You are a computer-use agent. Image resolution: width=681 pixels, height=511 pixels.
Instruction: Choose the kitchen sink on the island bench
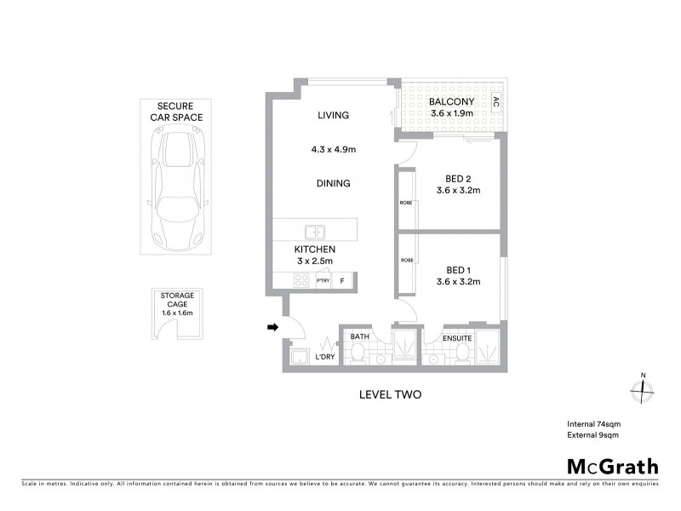click(314, 231)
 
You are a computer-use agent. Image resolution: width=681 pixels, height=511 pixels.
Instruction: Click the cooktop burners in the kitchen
click(301, 280)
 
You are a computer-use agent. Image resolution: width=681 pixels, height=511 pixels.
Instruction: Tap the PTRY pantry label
click(323, 280)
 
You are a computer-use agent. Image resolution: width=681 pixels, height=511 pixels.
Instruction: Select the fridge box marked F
click(343, 280)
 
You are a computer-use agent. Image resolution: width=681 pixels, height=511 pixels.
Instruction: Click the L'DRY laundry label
click(324, 357)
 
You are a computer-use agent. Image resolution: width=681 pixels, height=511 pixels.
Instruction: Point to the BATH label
click(360, 337)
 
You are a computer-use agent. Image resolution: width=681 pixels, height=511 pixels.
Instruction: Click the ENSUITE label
click(457, 338)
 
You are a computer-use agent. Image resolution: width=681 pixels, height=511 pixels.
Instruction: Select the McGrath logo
click(612, 466)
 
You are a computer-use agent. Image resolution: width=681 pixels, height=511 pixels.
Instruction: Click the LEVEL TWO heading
click(387, 394)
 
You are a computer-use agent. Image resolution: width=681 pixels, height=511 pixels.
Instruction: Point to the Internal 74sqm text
click(592, 424)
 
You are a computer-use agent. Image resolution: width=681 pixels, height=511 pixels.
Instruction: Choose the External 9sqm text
click(592, 435)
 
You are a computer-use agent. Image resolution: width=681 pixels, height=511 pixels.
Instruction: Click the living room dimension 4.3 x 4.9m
click(333, 149)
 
